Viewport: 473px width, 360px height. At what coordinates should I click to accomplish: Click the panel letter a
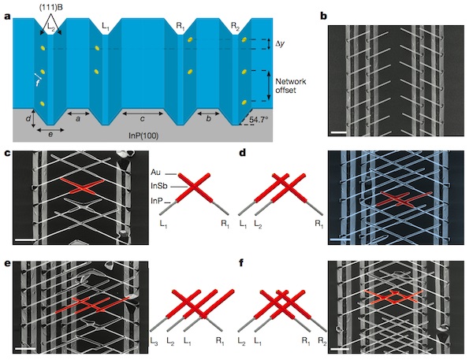point(7,16)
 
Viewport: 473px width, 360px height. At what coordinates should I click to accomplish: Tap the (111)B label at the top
point(50,8)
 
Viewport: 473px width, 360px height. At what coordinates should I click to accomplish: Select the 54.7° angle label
point(259,120)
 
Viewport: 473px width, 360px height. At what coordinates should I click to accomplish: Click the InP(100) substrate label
point(143,135)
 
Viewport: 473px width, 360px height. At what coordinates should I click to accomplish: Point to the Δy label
point(280,44)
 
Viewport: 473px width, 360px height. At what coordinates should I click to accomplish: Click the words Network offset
point(291,86)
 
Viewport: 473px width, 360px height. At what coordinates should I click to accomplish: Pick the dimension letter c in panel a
point(143,119)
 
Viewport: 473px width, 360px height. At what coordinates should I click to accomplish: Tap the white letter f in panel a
point(38,83)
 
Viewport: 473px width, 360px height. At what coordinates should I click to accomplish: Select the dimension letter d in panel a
point(28,118)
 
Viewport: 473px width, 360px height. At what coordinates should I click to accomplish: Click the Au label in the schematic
point(155,173)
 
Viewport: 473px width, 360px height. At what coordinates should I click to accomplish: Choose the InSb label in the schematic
point(159,187)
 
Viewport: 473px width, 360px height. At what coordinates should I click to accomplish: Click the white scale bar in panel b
point(338,132)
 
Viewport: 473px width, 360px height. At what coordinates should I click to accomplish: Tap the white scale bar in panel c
point(25,240)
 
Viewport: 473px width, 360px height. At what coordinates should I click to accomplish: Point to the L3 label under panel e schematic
point(155,341)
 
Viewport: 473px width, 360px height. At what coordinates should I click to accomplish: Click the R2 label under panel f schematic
point(322,341)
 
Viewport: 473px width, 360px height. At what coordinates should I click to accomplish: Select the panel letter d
point(243,153)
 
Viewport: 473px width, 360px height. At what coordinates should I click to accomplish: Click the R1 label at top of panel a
point(181,26)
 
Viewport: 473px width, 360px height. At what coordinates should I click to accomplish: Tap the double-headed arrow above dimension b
point(208,113)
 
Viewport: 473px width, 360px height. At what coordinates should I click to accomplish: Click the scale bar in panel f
point(340,349)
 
